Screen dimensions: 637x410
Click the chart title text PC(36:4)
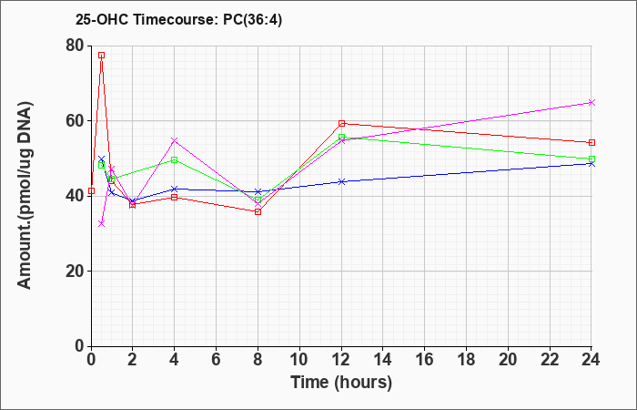252,20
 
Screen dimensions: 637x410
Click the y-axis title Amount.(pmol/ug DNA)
25,195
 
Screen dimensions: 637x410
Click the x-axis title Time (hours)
341,383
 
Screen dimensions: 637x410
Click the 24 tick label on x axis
591,360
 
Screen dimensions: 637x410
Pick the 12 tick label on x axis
341,360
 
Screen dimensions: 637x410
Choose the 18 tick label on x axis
466,360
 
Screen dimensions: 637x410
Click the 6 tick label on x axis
217,360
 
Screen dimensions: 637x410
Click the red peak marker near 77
102,56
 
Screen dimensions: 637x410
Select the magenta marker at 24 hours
591,102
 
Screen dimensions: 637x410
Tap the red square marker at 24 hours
591,143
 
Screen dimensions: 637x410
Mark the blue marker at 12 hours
341,181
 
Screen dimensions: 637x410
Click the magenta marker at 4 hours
175,140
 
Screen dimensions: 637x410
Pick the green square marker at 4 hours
175,159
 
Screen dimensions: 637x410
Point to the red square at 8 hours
258,212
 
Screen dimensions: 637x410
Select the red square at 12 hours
341,123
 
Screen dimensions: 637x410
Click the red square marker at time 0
91,190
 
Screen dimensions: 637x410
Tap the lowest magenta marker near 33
102,223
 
